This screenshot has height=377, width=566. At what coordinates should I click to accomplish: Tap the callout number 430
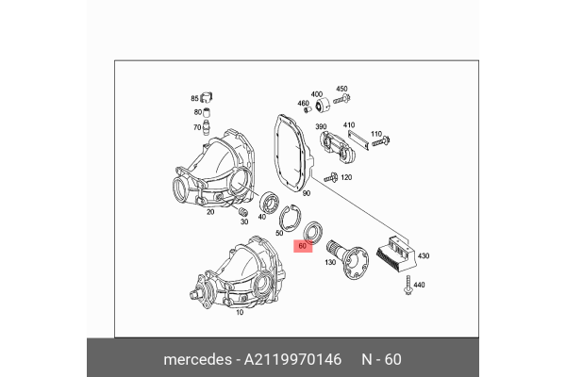(x=424, y=255)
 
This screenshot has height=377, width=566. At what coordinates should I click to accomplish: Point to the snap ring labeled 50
(x=293, y=218)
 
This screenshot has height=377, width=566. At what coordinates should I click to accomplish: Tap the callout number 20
(x=210, y=212)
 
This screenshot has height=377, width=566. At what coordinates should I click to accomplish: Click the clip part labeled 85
(x=208, y=97)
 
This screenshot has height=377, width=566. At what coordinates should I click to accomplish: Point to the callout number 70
(x=198, y=127)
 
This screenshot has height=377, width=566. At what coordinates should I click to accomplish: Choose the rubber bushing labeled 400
(x=317, y=106)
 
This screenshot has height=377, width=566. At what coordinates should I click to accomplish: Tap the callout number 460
(x=304, y=104)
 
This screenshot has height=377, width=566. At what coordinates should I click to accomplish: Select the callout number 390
(x=321, y=126)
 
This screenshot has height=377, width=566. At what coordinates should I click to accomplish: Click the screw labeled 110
(x=380, y=143)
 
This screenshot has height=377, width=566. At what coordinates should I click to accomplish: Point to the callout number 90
(x=307, y=192)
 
